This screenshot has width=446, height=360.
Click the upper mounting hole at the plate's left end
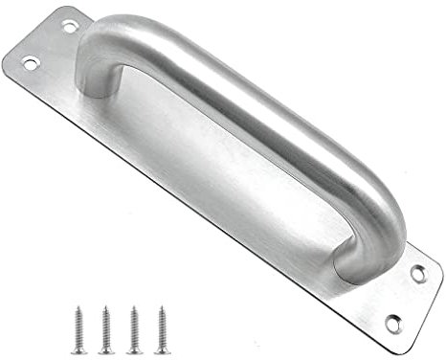69,27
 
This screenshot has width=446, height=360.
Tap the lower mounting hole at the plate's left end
30,64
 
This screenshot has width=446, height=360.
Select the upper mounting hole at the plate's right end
418,273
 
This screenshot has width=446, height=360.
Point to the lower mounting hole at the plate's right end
391,322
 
